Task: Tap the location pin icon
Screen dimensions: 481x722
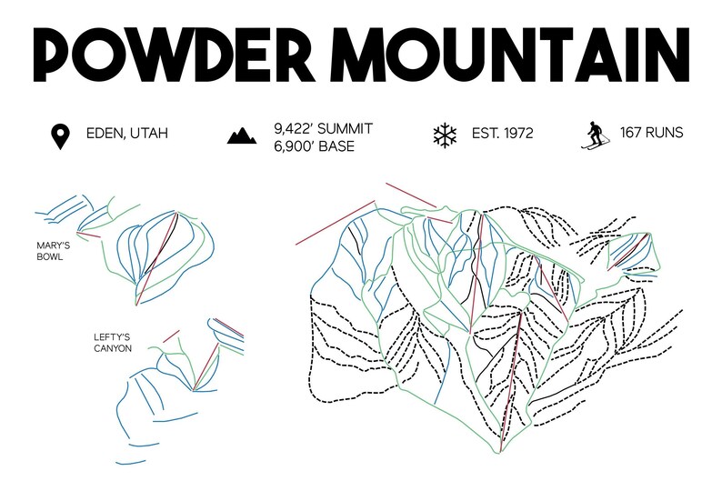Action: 60,136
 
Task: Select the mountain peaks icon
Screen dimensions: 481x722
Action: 241,136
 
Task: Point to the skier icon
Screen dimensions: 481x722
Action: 594,135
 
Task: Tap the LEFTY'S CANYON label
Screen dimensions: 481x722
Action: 113,342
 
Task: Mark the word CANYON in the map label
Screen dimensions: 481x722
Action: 113,348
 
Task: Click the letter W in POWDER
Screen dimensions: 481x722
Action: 146,55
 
